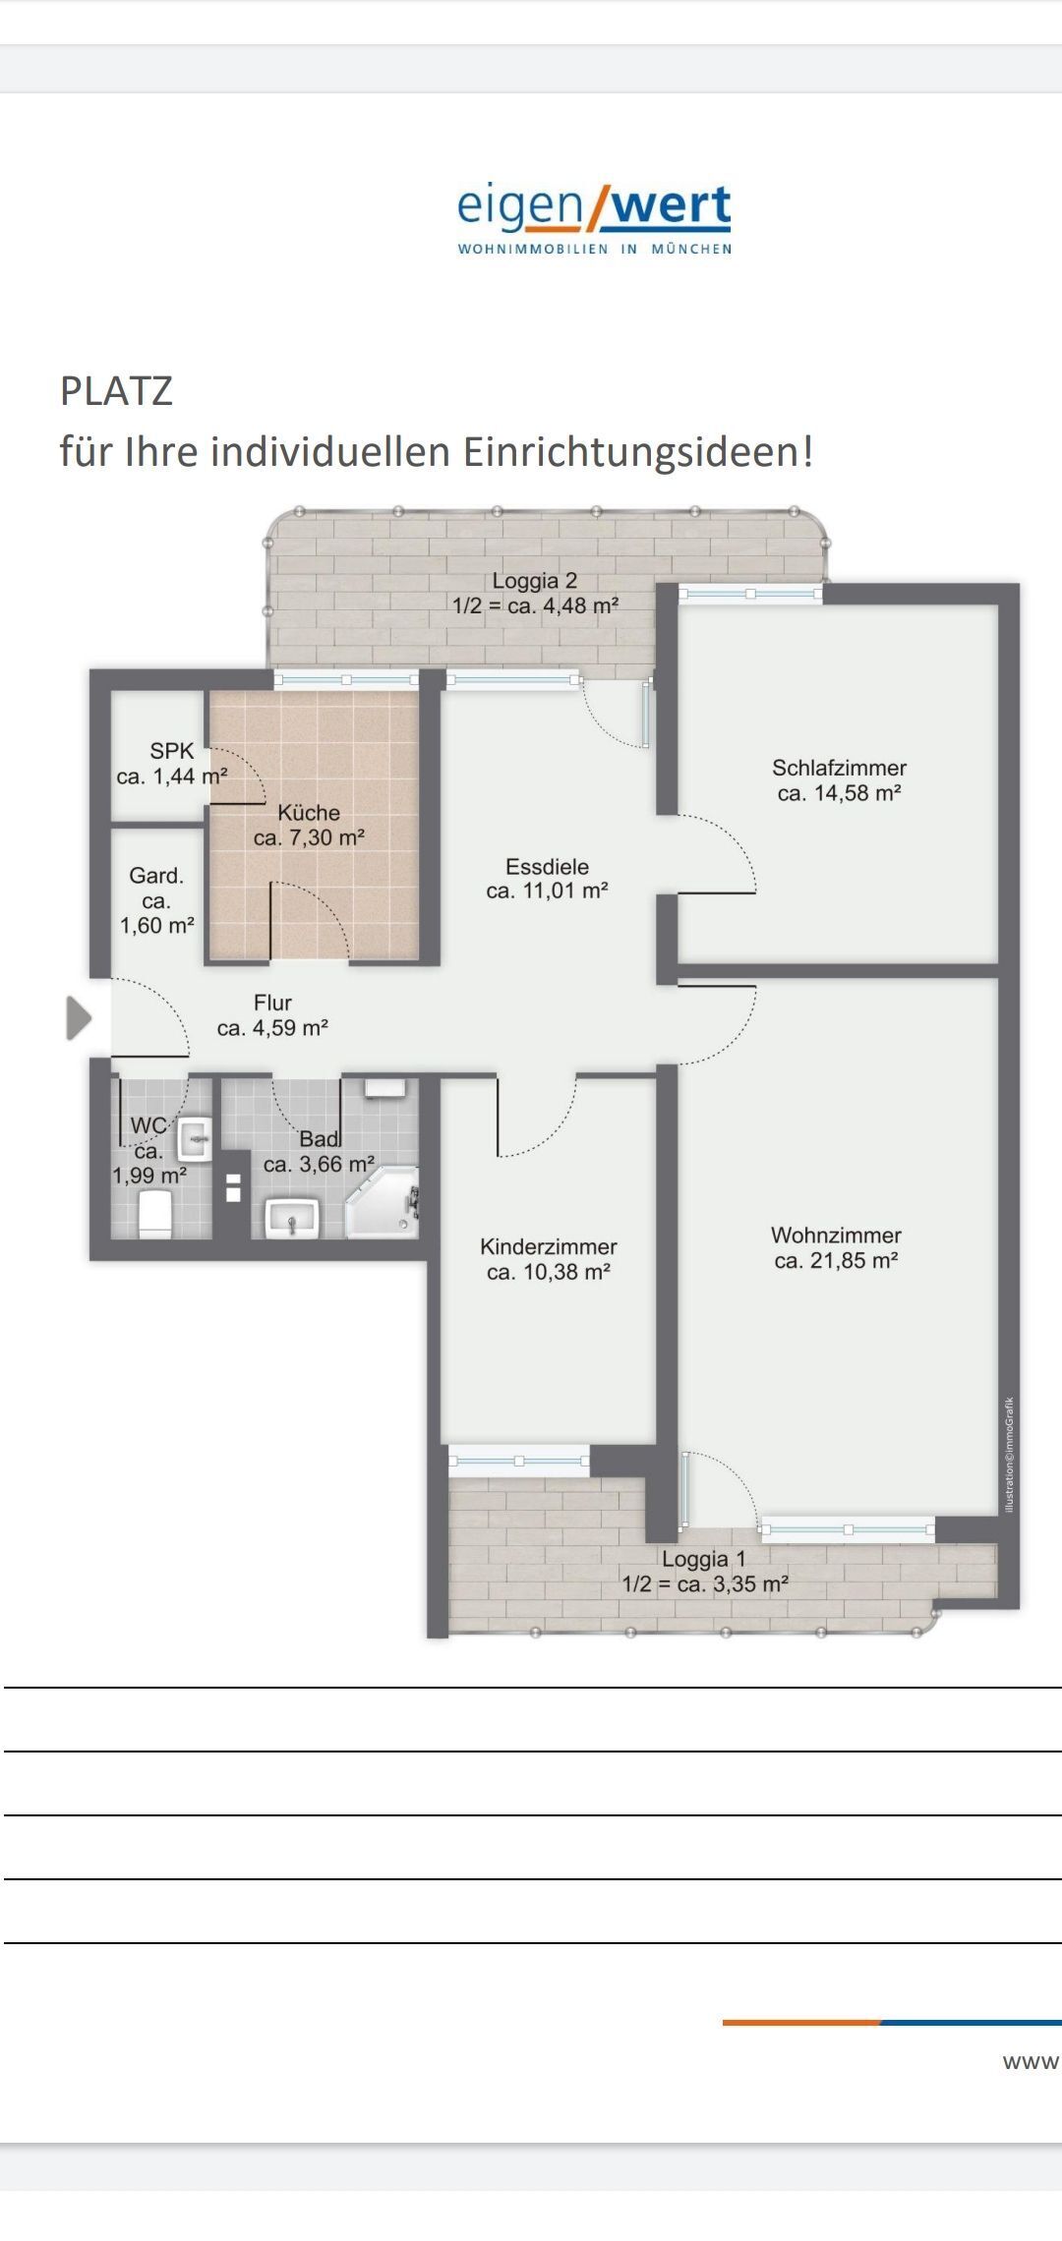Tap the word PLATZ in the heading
click(x=116, y=391)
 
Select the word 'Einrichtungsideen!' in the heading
click(x=638, y=451)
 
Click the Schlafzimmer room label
click(x=839, y=768)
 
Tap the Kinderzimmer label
click(x=549, y=1246)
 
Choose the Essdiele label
click(x=547, y=867)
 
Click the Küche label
click(x=309, y=813)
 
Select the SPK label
click(x=172, y=751)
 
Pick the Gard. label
click(x=156, y=876)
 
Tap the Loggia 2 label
click(x=535, y=581)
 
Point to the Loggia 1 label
click(x=704, y=1559)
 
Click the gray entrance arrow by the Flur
click(x=78, y=1017)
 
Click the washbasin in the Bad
click(x=291, y=1218)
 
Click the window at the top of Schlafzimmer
click(x=750, y=594)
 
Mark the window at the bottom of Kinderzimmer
click(x=518, y=1461)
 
